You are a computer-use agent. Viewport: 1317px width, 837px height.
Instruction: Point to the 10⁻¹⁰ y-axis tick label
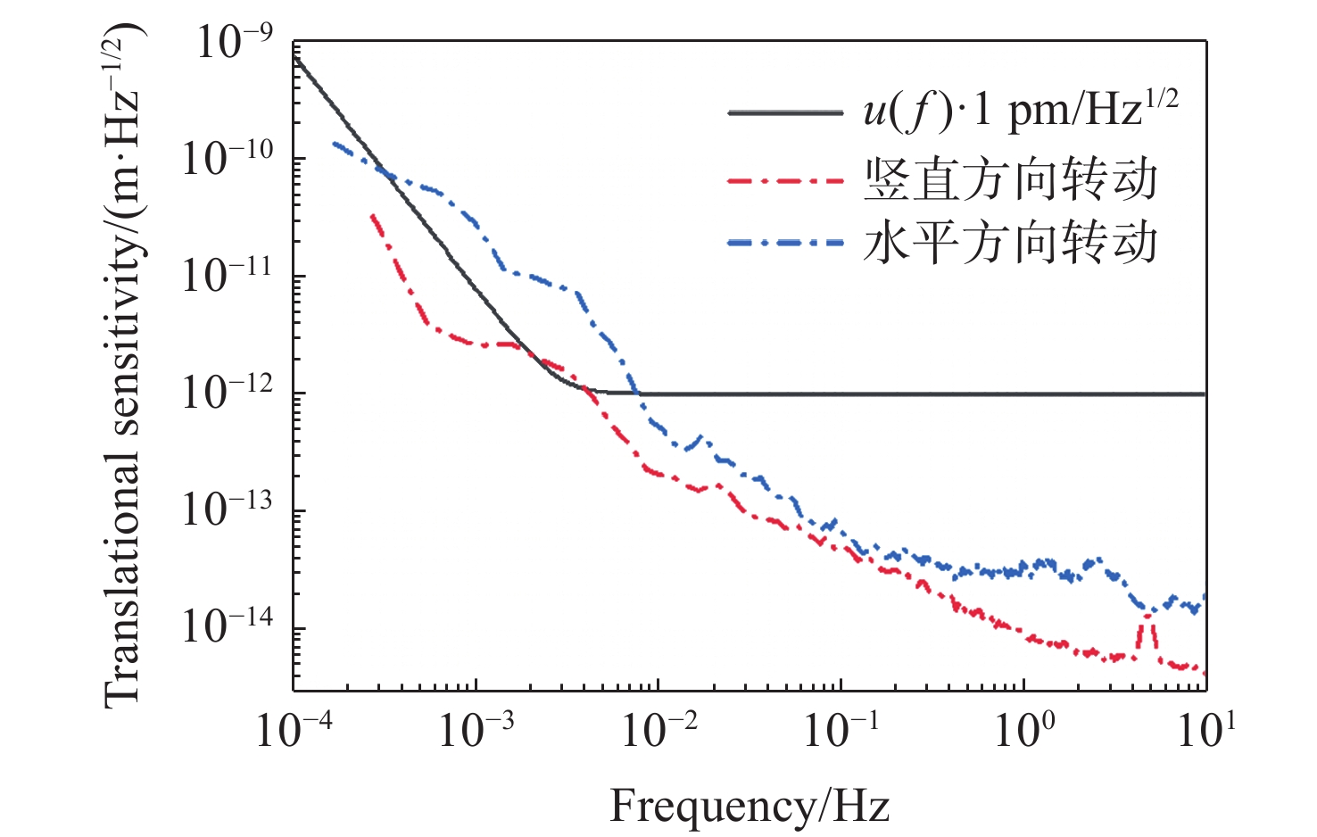(x=227, y=159)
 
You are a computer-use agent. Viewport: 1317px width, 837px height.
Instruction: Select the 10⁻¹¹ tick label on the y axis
(x=227, y=276)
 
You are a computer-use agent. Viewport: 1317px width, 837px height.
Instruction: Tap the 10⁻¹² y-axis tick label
(x=227, y=393)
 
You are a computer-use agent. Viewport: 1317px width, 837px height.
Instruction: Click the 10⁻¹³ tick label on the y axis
(x=227, y=510)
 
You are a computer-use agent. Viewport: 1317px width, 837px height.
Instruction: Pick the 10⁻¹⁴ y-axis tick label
(x=227, y=627)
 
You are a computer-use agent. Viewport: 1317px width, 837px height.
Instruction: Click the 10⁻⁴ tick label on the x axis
(x=294, y=731)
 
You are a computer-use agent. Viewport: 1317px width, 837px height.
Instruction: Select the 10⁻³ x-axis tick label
(x=476, y=731)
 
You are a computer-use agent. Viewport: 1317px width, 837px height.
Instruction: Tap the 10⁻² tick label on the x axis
(x=658, y=731)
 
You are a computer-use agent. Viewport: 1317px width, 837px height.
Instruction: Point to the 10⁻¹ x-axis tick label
(x=841, y=731)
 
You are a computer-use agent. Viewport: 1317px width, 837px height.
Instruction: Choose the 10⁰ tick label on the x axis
(x=1024, y=731)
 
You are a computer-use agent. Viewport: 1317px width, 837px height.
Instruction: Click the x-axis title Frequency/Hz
(x=750, y=806)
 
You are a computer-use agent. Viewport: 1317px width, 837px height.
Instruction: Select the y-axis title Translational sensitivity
(x=122, y=366)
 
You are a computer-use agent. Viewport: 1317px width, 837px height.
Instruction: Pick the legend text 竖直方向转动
(x=1010, y=179)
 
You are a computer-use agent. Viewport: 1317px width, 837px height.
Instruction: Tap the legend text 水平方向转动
(x=1010, y=243)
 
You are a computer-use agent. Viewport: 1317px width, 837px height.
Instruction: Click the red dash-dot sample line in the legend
(x=785, y=180)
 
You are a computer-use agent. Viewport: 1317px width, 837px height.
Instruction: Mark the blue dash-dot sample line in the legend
(x=785, y=243)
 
